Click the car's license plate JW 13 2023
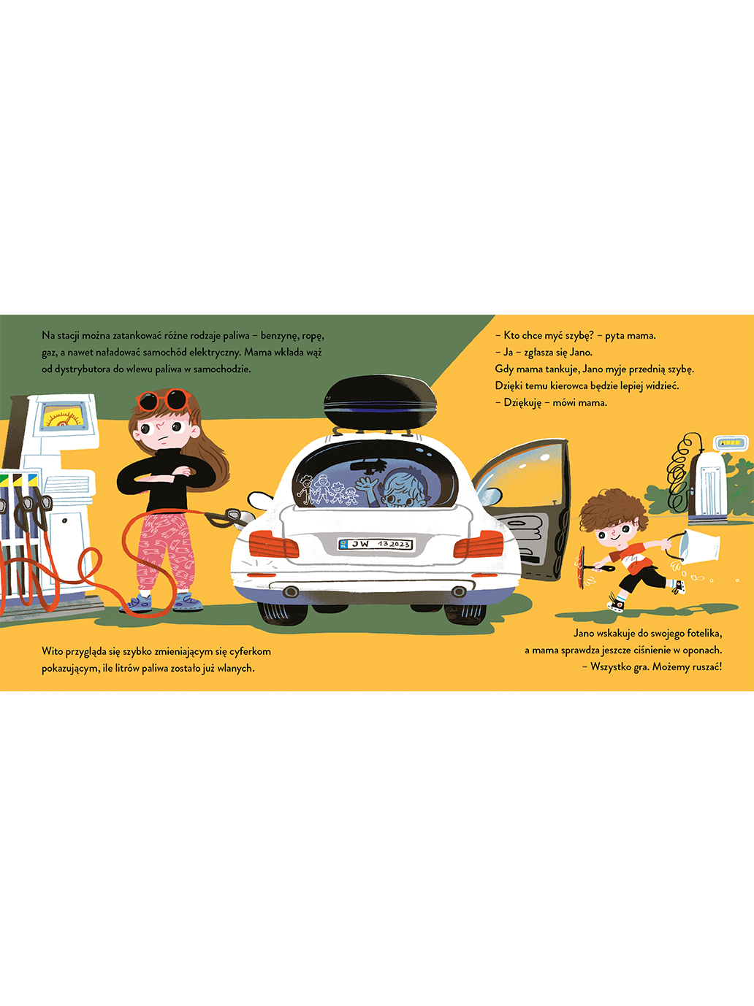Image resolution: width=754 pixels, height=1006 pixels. pos(376,544)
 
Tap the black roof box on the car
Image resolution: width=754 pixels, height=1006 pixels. pos(380,402)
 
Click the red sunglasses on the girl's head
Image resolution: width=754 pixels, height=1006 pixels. pos(164,401)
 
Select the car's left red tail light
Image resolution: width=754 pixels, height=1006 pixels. pos(273,545)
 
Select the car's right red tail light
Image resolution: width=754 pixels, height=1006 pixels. pos(479,544)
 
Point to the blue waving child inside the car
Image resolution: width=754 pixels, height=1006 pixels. pos(395,488)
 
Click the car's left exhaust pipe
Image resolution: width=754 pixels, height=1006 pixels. pos(291,591)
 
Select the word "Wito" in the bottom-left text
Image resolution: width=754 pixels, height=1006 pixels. pos(53,651)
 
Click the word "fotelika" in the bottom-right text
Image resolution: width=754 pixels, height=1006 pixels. pos(704,634)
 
